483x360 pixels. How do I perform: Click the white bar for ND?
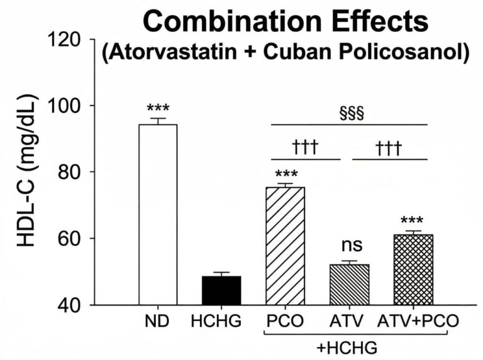(x=157, y=214)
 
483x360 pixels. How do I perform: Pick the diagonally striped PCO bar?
(x=286, y=246)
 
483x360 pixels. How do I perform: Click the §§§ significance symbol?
(x=352, y=114)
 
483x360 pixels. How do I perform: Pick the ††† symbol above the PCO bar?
(x=306, y=148)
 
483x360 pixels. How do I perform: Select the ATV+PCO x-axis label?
(x=418, y=322)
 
